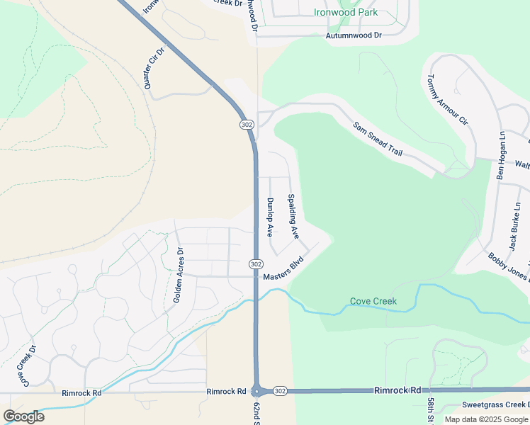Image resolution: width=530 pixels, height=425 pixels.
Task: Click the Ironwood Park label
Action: point(346,12)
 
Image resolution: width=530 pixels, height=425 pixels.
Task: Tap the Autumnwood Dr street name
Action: point(354,35)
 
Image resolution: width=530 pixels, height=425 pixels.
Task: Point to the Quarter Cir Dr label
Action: point(154,69)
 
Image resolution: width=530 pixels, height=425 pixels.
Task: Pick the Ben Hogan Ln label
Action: point(500,155)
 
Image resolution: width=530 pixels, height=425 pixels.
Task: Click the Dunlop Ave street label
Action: point(270,215)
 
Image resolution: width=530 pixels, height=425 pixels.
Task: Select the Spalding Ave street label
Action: point(293,215)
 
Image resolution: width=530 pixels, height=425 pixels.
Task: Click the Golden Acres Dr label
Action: point(179,276)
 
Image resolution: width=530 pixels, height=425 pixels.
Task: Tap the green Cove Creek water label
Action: point(373,301)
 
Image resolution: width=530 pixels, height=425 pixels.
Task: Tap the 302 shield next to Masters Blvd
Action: point(256,263)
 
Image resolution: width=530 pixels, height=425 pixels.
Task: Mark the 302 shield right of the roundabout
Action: point(279,391)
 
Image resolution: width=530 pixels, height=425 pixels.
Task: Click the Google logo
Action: point(23,416)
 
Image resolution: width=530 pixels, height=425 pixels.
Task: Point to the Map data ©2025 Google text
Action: point(485,419)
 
